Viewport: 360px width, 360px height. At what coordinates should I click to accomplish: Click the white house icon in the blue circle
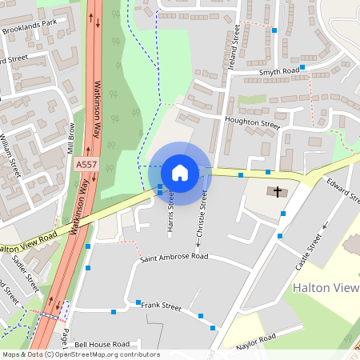tap(180, 172)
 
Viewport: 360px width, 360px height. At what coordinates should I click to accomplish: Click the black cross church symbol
tap(278, 192)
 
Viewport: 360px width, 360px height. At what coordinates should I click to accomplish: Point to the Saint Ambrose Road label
tap(174, 258)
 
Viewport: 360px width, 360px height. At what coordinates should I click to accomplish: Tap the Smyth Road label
tap(279, 71)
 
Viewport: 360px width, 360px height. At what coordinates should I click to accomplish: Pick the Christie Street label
tap(201, 218)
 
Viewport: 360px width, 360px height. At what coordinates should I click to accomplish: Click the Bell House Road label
tap(102, 343)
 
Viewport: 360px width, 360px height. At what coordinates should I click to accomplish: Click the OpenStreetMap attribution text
tap(80, 354)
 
